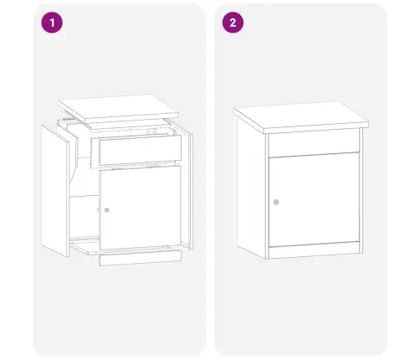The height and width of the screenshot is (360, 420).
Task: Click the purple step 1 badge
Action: click(52, 23)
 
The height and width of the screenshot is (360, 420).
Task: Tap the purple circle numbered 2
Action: click(233, 23)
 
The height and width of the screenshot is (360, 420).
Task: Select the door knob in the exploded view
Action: click(106, 210)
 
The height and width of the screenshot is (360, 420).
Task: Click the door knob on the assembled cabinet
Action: click(276, 202)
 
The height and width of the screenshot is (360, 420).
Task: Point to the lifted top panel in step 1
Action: click(118, 109)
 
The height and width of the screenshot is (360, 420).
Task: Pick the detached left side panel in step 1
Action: click(55, 190)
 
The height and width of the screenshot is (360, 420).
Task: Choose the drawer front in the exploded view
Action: click(141, 149)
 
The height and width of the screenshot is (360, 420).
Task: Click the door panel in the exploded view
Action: click(140, 207)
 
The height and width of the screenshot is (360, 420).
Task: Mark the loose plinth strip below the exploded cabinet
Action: click(141, 258)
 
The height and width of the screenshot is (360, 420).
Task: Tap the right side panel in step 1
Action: click(190, 190)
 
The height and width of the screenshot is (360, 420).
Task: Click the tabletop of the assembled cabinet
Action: click(301, 117)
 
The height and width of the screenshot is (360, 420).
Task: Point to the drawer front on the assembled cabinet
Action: click(314, 144)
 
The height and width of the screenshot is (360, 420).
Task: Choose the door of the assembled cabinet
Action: click(314, 200)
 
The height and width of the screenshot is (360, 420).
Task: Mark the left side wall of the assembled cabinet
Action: click(251, 187)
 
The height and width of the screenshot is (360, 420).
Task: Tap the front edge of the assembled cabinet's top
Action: click(316, 127)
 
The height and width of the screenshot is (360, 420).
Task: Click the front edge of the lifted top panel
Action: click(132, 118)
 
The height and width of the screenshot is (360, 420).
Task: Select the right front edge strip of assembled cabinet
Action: click(361, 190)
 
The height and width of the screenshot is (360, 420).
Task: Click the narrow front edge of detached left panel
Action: click(68, 199)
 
